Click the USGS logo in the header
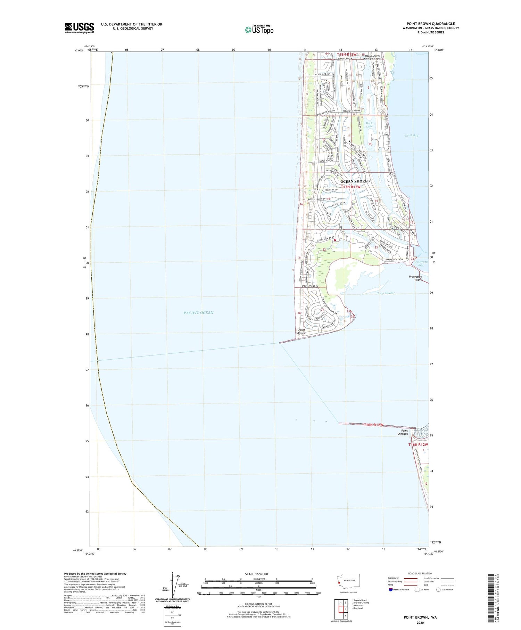(x=79, y=28)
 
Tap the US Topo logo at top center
(x=259, y=30)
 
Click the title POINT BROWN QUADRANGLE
(x=431, y=24)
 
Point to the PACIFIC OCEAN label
(x=198, y=313)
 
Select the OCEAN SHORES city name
(x=355, y=181)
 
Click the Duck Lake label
(x=369, y=125)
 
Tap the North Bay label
(x=411, y=135)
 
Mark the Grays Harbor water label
(x=386, y=293)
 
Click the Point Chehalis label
(x=403, y=432)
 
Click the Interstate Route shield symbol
(x=390, y=590)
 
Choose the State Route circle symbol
(x=438, y=590)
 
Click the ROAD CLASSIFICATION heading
(x=420, y=573)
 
